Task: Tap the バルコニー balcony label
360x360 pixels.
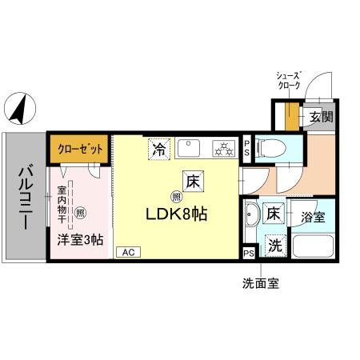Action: [x=25, y=195]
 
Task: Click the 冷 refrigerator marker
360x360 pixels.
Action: [x=159, y=149]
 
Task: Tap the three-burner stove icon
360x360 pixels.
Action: [x=222, y=148]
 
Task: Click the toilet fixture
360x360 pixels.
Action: [x=269, y=147]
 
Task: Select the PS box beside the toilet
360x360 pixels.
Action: [x=247, y=147]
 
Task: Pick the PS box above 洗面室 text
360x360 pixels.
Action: [x=249, y=253]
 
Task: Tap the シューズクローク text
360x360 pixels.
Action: [x=288, y=78]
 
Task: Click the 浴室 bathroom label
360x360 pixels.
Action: [x=313, y=216]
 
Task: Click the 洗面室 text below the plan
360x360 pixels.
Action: [x=261, y=284]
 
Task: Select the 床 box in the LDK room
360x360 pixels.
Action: [x=192, y=181]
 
